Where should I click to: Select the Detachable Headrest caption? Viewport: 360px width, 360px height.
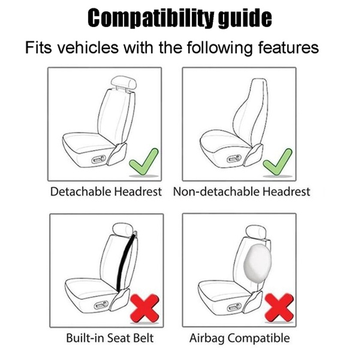click(x=106, y=192)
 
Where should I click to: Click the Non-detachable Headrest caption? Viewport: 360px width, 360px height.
click(x=241, y=192)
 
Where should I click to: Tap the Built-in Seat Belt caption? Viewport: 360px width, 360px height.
click(x=109, y=338)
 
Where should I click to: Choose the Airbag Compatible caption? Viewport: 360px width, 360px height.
click(x=239, y=338)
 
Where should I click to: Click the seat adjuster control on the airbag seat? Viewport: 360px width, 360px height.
click(x=234, y=306)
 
